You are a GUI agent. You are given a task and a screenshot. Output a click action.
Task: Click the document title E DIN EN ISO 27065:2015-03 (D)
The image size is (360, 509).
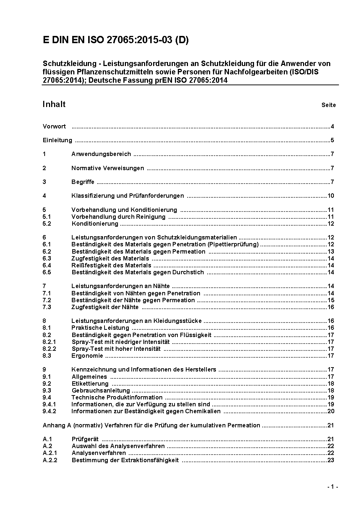(x=115, y=41)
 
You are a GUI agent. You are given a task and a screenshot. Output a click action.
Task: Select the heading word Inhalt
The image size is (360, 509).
(x=54, y=104)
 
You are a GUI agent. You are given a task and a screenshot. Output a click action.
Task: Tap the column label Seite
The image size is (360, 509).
(x=328, y=105)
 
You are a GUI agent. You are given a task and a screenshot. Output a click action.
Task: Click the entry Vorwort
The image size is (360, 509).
(x=54, y=127)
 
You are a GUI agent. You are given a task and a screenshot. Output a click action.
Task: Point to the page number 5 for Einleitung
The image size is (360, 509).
(x=332, y=140)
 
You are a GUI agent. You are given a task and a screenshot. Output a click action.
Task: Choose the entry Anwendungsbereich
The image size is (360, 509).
(x=101, y=154)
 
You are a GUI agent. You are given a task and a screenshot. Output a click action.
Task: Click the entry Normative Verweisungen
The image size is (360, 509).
(x=107, y=168)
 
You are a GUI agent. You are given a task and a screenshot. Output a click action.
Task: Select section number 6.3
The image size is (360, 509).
(x=47, y=259)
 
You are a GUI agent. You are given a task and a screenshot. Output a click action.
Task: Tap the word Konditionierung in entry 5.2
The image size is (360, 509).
(x=95, y=224)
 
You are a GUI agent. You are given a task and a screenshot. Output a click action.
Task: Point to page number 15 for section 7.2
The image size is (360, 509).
(x=331, y=300)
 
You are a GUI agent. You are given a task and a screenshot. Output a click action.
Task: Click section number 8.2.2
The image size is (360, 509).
(x=49, y=349)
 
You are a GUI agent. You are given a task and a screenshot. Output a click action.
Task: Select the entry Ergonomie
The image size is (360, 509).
(x=87, y=356)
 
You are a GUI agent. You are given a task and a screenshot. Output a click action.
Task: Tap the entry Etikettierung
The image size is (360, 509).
(x=90, y=384)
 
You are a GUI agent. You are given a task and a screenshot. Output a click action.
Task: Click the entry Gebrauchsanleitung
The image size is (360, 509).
(x=101, y=391)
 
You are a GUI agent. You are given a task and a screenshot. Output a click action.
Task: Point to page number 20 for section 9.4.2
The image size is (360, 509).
(x=331, y=411)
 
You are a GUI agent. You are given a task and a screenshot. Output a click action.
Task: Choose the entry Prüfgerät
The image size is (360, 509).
(x=85, y=439)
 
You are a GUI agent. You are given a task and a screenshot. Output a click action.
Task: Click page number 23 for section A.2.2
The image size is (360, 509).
(x=331, y=460)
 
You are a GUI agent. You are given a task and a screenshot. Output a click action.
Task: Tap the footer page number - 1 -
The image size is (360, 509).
(x=332, y=487)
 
